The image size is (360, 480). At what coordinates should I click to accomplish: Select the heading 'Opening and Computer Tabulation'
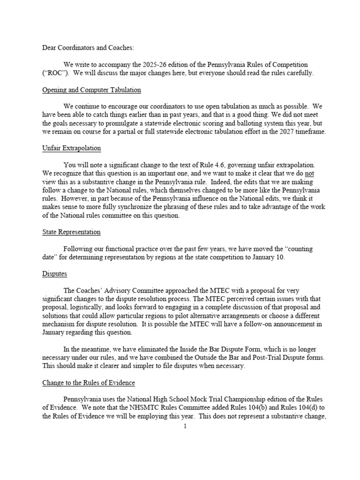[91, 90]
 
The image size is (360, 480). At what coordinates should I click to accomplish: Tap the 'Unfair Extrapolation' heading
[72, 148]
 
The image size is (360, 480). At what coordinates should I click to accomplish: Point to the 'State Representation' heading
[71, 232]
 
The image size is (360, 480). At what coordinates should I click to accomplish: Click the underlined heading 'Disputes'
[54, 273]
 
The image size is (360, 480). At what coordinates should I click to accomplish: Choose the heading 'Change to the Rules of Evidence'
[89, 382]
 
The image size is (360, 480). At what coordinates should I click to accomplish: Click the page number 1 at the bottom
[185, 426]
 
